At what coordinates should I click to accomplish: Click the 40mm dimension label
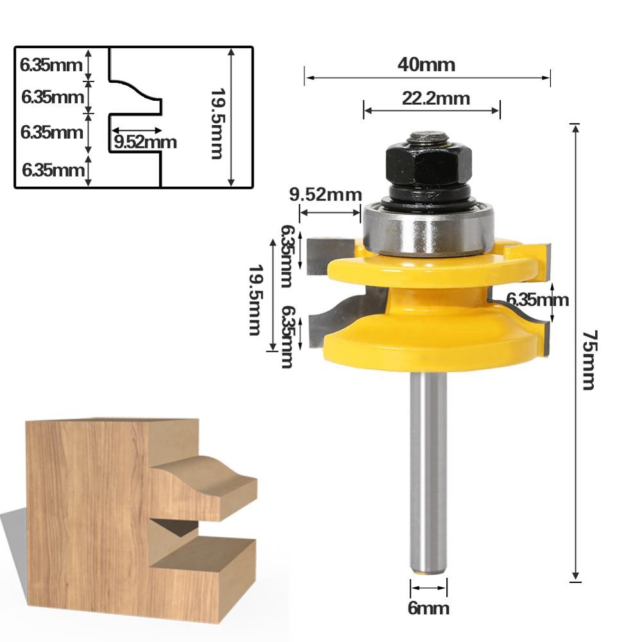click(426, 65)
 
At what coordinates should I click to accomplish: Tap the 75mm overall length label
click(589, 360)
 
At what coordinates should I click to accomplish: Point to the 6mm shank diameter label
click(428, 607)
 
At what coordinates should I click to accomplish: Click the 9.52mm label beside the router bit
click(325, 195)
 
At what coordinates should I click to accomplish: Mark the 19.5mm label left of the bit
click(255, 299)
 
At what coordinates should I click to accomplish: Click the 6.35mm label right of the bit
click(537, 299)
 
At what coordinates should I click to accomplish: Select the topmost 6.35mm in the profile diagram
click(51, 64)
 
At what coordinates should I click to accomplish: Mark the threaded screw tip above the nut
click(428, 137)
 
